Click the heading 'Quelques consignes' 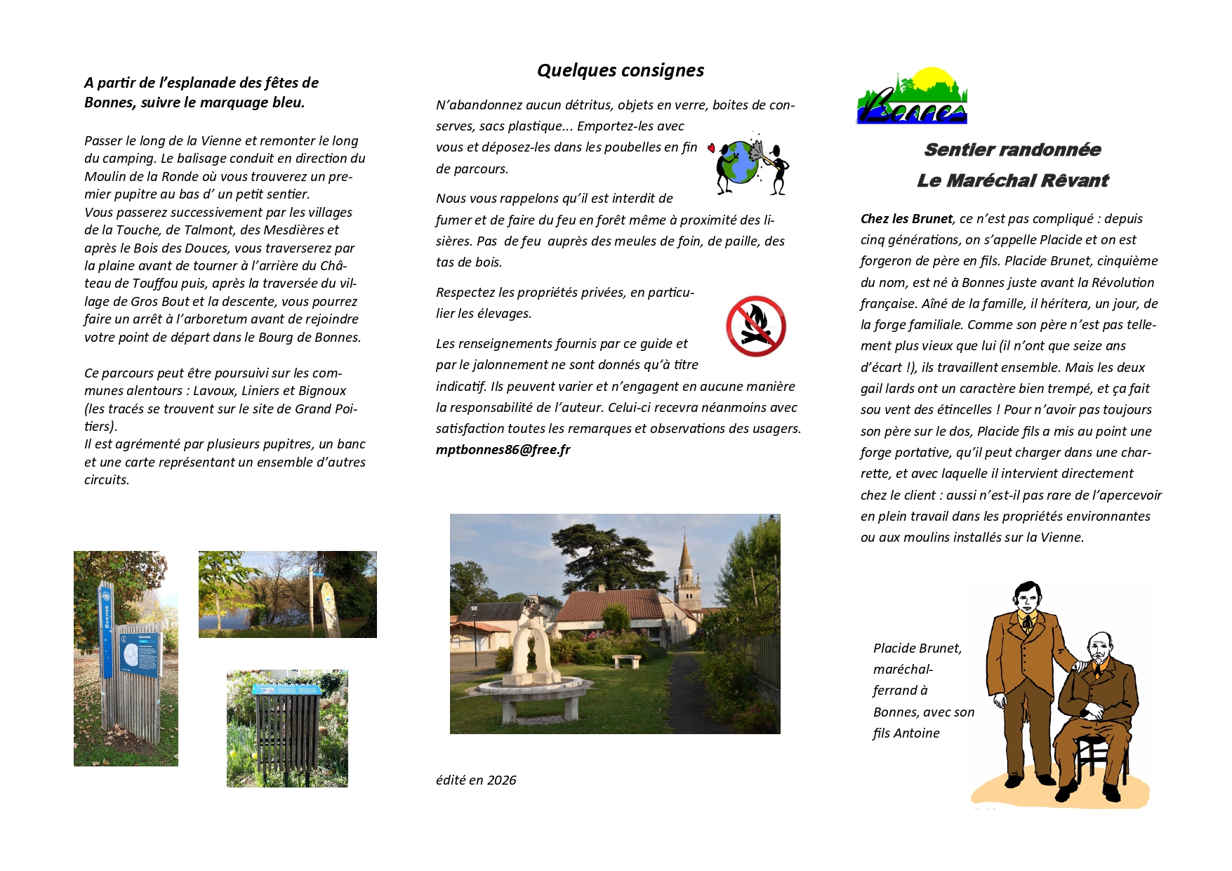620,70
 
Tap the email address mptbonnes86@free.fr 503,450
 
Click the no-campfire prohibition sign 755,326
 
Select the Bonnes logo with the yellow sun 911,97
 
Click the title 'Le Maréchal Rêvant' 1012,180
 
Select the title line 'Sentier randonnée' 1012,149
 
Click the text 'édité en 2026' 476,780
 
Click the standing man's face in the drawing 1027,599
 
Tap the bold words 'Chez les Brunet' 906,219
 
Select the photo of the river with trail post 287,594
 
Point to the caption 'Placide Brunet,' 917,649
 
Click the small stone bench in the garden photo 626,660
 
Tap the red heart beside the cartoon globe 711,148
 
